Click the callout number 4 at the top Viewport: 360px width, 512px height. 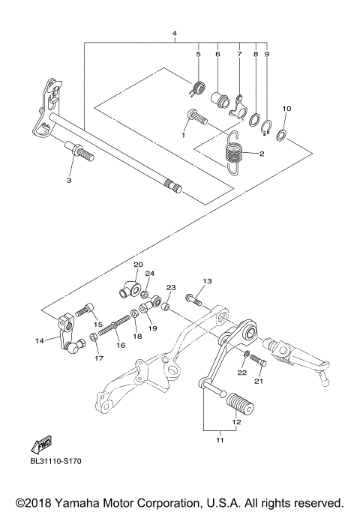(174, 34)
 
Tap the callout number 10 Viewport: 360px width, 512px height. (286, 109)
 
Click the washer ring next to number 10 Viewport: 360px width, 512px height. (280, 135)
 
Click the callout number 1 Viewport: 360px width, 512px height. (183, 136)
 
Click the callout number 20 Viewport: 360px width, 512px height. (138, 265)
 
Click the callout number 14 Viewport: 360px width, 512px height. (39, 340)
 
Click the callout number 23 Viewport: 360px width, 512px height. (170, 288)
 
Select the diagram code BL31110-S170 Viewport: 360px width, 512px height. (55, 462)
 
